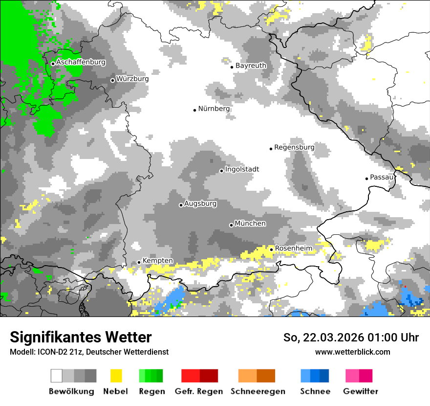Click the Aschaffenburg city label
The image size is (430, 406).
click(x=81, y=63)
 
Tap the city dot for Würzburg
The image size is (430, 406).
click(x=112, y=80)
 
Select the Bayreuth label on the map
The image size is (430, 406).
click(x=251, y=66)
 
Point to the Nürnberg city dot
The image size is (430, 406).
click(x=194, y=110)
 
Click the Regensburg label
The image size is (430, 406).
click(x=294, y=147)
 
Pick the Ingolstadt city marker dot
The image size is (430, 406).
click(x=221, y=171)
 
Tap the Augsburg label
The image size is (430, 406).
click(x=200, y=203)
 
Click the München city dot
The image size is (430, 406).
click(x=231, y=225)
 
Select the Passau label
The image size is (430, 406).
click(x=382, y=177)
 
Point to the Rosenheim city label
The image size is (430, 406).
click(x=293, y=248)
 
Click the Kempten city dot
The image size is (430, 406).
click(x=139, y=262)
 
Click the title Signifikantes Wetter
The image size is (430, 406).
click(x=81, y=337)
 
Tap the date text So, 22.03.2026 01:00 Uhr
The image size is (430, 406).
click(x=351, y=338)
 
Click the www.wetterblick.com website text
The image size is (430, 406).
click(x=352, y=352)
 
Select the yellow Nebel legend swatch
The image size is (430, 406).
click(x=116, y=376)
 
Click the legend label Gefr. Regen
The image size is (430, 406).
click(x=199, y=391)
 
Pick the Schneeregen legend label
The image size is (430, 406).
click(x=258, y=391)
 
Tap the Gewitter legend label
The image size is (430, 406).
click(x=361, y=391)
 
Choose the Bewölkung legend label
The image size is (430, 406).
click(x=71, y=391)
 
